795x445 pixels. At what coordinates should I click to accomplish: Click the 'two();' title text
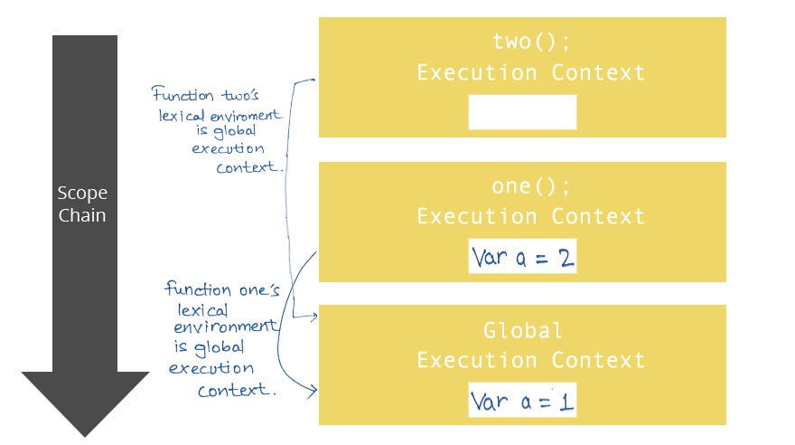(x=522, y=42)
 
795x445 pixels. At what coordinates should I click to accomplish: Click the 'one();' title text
(x=522, y=186)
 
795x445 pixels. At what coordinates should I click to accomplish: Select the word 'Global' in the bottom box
(x=522, y=330)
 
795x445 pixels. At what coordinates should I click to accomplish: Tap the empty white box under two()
(x=522, y=112)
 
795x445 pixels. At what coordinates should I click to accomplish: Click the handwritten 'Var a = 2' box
(x=522, y=258)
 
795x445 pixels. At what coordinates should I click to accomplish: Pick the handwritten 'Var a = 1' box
(x=522, y=400)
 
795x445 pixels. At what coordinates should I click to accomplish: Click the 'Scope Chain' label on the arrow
(x=82, y=204)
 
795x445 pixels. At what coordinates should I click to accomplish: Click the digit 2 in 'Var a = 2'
(x=564, y=259)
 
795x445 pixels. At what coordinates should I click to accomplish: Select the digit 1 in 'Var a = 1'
(x=565, y=401)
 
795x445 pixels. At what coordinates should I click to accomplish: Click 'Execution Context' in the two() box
(x=530, y=72)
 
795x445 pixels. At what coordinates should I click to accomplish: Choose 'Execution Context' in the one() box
(x=530, y=216)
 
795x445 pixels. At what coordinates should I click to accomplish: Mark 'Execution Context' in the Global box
(x=530, y=360)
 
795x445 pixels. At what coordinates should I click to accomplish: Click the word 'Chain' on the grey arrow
(x=82, y=215)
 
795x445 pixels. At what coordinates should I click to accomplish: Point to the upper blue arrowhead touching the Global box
(x=313, y=317)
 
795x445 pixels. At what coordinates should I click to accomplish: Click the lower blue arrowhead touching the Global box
(x=313, y=391)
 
